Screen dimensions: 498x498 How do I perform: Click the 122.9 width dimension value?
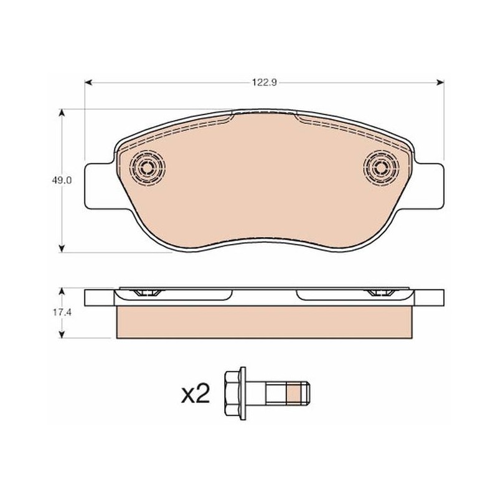click(265, 83)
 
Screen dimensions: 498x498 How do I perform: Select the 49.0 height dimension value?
click(62, 181)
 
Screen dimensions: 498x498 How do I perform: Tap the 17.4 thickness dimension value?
click(62, 312)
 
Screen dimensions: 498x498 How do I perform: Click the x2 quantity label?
click(195, 393)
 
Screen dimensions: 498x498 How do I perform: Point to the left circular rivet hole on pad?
click(148, 167)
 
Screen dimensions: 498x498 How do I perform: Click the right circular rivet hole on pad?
click(381, 167)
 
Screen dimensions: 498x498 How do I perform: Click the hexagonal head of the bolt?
click(232, 393)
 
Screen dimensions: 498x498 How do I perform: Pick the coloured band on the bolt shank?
click(293, 393)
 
